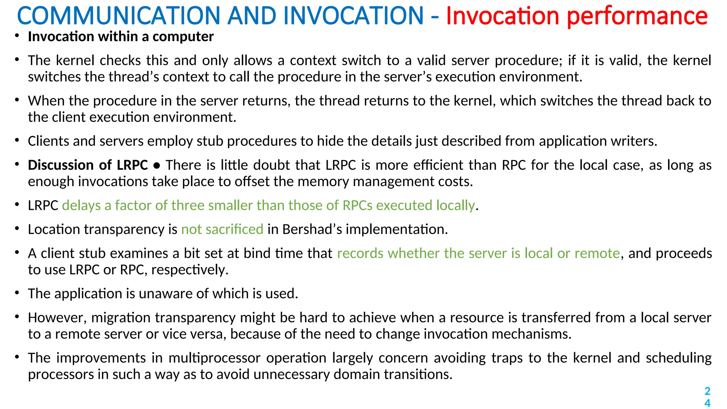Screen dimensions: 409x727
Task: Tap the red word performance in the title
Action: [637, 16]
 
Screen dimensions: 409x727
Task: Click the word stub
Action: [210, 141]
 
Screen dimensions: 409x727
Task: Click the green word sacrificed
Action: [234, 229]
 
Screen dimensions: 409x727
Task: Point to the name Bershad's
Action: [312, 229]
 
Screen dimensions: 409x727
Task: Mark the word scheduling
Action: [678, 358]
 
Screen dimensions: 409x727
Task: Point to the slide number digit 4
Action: [707, 403]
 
